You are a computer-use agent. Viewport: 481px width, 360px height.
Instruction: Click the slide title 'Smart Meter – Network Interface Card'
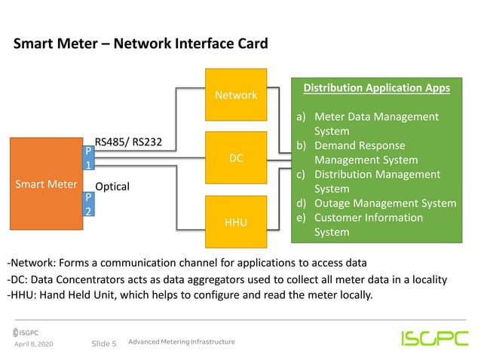[140, 44]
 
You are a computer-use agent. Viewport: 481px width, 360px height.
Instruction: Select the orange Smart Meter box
[47, 184]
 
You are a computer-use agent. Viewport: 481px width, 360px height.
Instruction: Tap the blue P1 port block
[88, 157]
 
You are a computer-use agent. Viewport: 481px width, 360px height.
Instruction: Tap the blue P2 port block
[88, 204]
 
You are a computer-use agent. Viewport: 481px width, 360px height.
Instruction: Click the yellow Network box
[236, 95]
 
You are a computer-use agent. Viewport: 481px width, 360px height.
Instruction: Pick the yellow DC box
[236, 159]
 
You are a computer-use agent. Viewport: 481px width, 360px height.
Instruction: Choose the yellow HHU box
[236, 222]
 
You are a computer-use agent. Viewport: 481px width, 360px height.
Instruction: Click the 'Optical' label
[112, 186]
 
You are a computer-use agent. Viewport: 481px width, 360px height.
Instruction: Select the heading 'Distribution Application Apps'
[376, 88]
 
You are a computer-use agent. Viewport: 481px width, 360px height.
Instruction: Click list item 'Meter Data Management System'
[375, 124]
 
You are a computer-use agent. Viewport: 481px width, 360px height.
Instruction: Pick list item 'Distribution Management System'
[377, 182]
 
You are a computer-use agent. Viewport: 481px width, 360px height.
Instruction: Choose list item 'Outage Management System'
[384, 203]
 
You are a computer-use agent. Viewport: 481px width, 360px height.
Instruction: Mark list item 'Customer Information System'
[368, 224]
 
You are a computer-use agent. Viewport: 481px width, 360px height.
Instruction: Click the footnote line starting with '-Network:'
[186, 263]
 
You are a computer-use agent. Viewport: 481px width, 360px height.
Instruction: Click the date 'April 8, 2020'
[35, 343]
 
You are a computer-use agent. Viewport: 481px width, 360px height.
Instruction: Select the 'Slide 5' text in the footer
[103, 343]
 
